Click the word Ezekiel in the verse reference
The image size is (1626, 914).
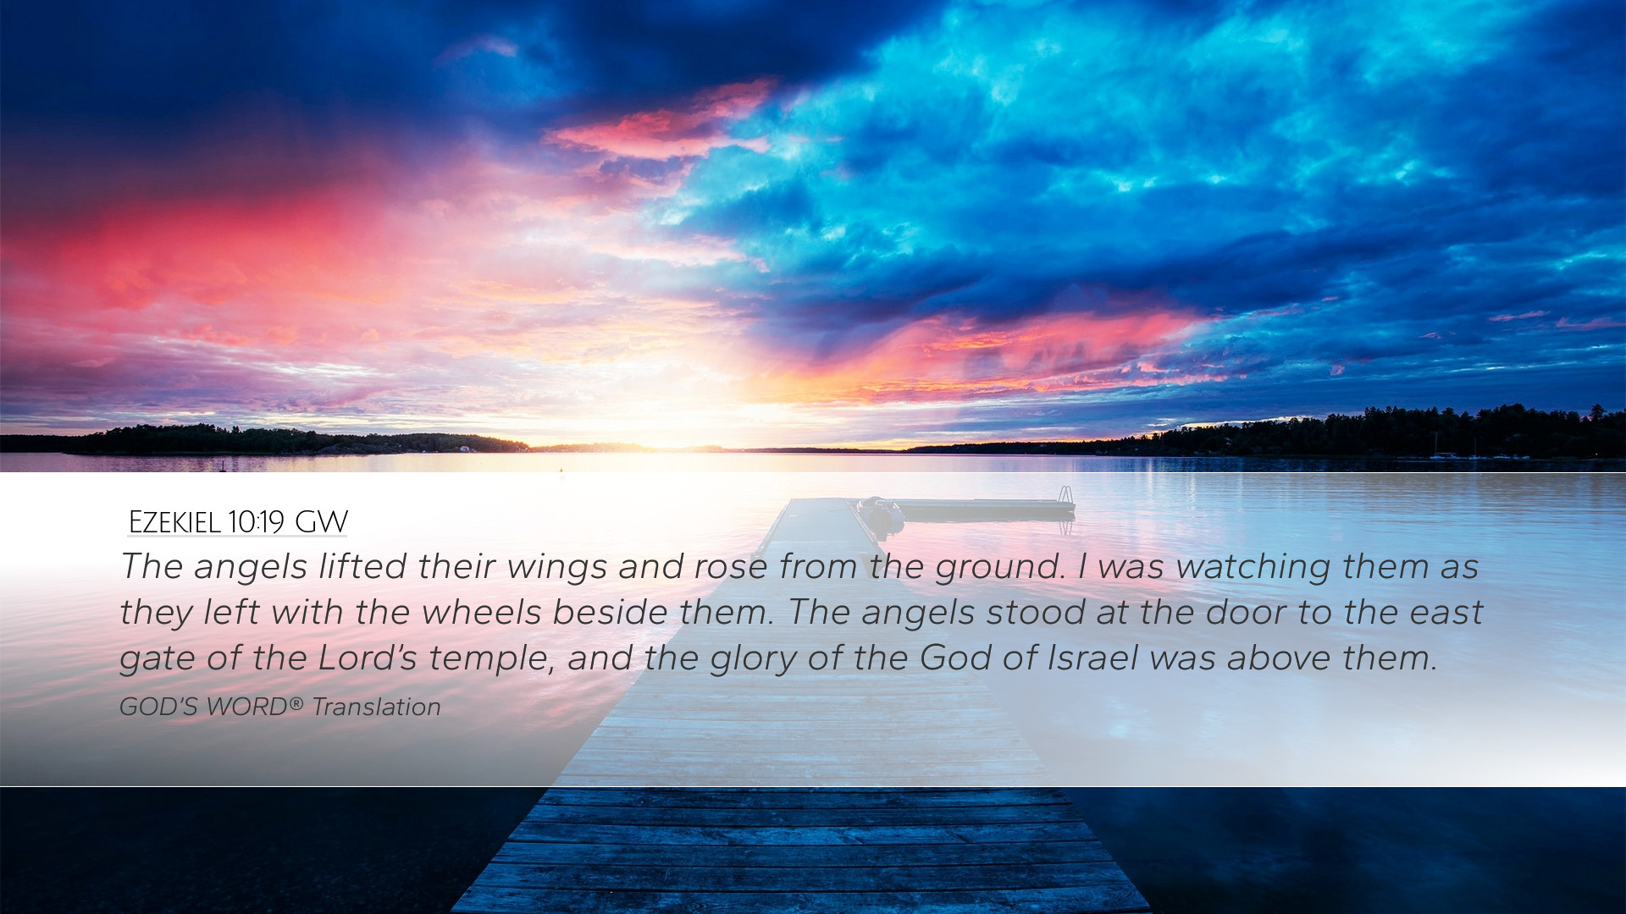point(174,522)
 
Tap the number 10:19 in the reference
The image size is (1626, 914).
point(256,522)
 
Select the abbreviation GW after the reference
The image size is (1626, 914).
point(322,522)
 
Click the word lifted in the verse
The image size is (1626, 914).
point(362,566)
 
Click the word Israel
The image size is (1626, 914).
point(1092,658)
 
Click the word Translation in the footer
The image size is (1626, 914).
point(376,707)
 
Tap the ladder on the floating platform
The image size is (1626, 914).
point(1065,495)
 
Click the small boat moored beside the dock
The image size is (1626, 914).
point(881,512)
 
